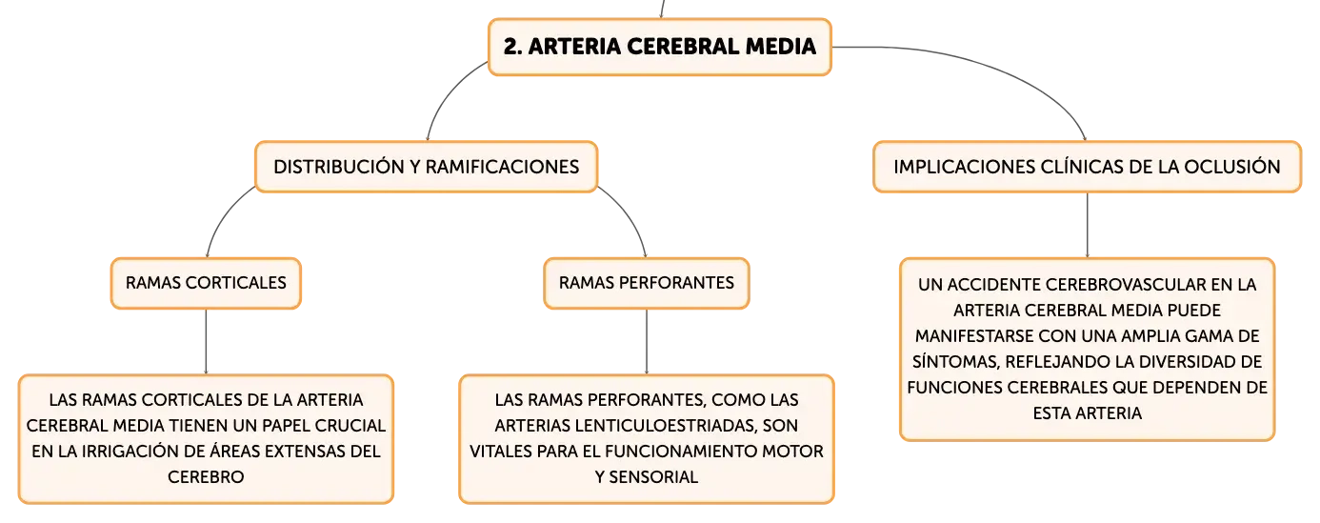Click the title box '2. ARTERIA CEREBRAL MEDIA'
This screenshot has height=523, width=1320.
click(x=660, y=48)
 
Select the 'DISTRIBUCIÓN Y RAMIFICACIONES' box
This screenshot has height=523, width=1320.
click(x=426, y=167)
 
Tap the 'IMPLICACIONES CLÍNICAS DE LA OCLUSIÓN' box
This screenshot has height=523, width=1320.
click(x=1088, y=167)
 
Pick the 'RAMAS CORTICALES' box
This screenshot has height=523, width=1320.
click(x=207, y=283)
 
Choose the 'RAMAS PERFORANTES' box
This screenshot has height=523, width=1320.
click(x=647, y=283)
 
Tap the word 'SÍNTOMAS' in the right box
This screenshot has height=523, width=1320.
click(x=956, y=362)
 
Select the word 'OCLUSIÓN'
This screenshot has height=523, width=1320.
click(x=1232, y=167)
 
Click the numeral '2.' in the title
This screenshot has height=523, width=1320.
click(x=512, y=47)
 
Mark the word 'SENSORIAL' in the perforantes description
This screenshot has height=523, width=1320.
click(x=653, y=477)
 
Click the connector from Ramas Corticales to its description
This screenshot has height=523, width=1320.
click(x=207, y=341)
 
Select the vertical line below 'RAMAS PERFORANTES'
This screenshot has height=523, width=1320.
click(x=647, y=341)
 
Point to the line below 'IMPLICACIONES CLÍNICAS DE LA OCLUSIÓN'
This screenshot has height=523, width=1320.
click(x=1088, y=225)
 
